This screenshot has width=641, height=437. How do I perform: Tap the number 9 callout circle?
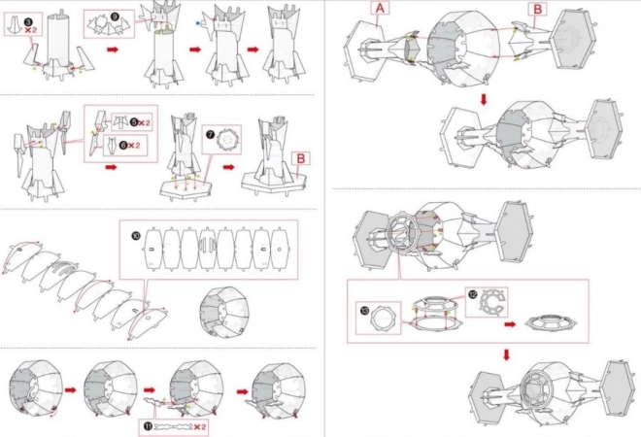(x=116, y=17)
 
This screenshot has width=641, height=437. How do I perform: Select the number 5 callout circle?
(x=134, y=123)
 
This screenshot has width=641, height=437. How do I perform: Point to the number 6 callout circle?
(x=134, y=146)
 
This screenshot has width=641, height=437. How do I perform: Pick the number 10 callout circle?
(x=135, y=236)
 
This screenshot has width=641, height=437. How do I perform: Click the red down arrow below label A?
(x=483, y=99)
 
